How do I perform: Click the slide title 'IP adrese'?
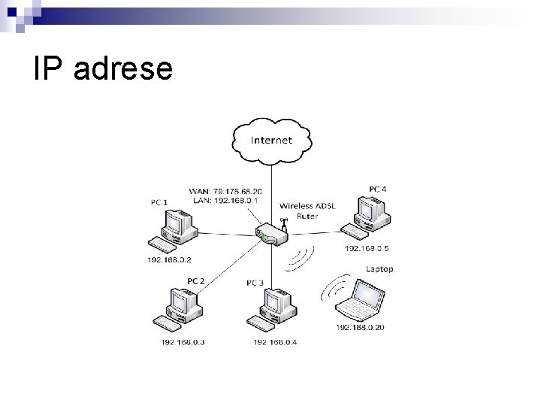click(x=103, y=70)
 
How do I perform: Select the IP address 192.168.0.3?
click(x=183, y=342)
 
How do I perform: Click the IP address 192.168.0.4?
click(x=275, y=342)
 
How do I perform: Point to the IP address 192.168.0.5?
click(x=367, y=248)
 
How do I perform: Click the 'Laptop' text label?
click(x=379, y=269)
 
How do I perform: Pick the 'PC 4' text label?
click(x=379, y=188)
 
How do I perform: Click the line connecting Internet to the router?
click(x=271, y=188)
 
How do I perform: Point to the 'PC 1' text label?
click(x=159, y=201)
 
